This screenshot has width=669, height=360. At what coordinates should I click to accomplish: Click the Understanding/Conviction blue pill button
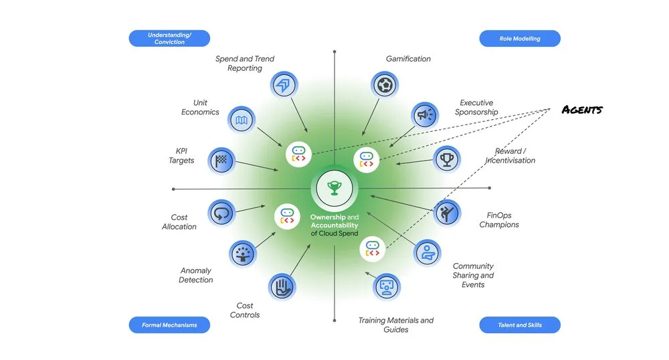169,38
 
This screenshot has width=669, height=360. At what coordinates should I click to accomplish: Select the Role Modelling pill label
520,38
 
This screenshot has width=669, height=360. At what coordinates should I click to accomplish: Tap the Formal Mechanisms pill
169,325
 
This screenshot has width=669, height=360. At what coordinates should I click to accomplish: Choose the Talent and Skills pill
520,325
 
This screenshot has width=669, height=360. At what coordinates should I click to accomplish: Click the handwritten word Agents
582,110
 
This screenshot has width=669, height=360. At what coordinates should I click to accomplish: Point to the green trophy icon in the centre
334,188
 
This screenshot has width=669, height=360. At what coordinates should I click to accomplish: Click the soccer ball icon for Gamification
385,85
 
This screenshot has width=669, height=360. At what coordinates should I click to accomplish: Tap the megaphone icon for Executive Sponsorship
425,115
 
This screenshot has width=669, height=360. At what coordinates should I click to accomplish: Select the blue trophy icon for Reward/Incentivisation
447,159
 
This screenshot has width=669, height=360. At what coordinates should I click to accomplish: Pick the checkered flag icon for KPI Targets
221,161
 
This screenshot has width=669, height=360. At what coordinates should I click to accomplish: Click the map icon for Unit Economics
242,120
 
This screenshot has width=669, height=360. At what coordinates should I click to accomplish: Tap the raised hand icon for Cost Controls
282,286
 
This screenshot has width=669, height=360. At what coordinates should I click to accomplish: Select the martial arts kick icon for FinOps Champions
447,213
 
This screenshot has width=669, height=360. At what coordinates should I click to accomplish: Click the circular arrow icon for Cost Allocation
221,213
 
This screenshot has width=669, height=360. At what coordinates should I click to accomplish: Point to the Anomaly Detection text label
196,275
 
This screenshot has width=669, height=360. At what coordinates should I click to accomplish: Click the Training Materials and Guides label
396,325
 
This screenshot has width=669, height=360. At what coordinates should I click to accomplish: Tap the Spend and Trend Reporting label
244,64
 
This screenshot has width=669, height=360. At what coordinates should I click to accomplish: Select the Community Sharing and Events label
473,275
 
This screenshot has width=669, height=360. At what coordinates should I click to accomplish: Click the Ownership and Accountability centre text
334,226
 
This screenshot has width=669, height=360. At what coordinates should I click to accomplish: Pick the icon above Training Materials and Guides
387,286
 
